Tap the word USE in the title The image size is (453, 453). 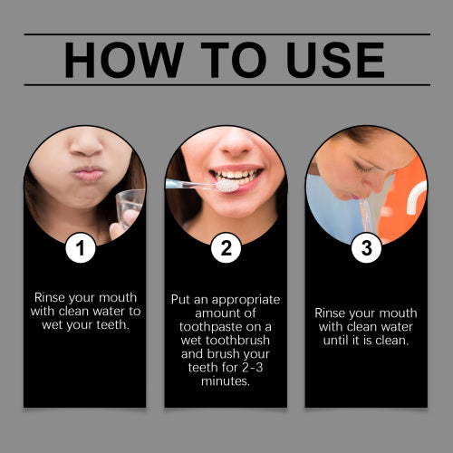click(335, 60)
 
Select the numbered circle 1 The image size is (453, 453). click(81, 248)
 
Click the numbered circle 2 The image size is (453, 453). click(226, 248)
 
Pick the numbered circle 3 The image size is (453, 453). click(366, 248)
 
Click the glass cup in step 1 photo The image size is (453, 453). click(130, 206)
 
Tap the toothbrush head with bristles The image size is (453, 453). click(227, 186)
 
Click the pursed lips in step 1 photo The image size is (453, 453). click(88, 174)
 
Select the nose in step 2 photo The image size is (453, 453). click(236, 145)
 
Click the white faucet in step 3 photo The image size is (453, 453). click(417, 197)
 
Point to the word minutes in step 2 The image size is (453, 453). click(226, 381)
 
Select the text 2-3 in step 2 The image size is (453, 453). click(253, 367)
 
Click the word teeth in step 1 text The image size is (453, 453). click(112, 325)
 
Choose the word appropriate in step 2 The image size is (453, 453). click(246, 301)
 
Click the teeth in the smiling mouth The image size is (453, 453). click(236, 177)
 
